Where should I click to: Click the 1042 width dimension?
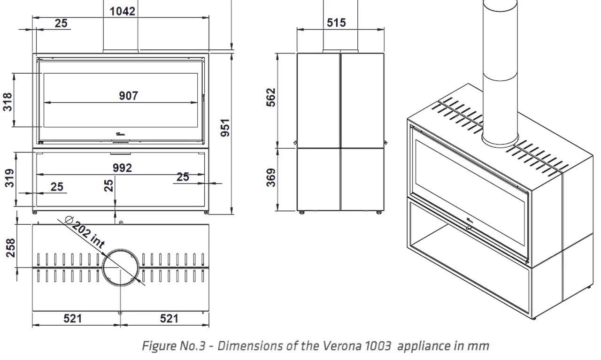123,11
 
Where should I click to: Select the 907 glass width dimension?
128,96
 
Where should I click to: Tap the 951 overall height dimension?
226,128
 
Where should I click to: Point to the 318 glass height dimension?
8,101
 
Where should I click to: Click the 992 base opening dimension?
122,168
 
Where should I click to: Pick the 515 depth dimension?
336,22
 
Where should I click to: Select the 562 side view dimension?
271,98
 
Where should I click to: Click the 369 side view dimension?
271,177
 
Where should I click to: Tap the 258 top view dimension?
11,248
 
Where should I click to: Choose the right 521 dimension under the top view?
169,319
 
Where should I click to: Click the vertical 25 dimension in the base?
109,185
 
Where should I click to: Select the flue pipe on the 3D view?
501,70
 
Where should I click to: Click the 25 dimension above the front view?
61,23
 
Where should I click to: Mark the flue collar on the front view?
121,50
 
